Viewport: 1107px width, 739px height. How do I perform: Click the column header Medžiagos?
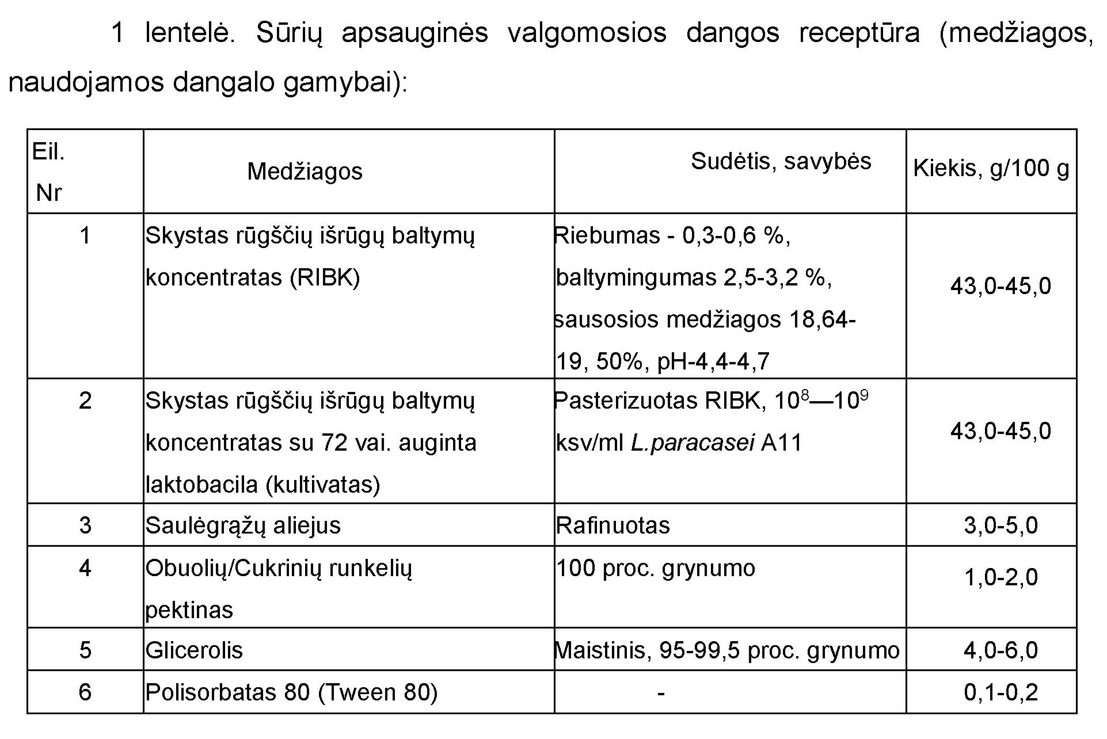coord(305,172)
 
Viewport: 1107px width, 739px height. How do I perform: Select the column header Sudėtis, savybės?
coord(781,161)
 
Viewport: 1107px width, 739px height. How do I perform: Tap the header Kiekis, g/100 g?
coord(991,168)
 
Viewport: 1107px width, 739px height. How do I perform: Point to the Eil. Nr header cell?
coord(49,172)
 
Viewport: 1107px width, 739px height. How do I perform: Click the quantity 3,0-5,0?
coord(1001,525)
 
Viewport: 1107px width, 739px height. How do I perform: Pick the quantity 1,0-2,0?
coord(1001,577)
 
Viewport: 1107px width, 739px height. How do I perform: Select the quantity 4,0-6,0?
coord(1001,650)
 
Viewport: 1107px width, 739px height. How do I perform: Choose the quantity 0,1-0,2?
coord(1001,692)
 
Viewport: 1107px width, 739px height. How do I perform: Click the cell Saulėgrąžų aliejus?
coord(243,525)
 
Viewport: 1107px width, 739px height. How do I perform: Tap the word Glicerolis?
coord(194,650)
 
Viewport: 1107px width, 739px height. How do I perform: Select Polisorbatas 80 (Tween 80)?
coord(291,692)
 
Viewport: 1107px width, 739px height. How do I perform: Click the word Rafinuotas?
coord(613,525)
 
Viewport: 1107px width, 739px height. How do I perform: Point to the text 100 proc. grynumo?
coord(656,568)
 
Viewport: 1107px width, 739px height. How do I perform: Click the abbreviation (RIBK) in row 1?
coord(325,277)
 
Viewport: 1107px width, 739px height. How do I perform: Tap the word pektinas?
coord(189,610)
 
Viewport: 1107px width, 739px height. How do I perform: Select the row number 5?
coord(85,650)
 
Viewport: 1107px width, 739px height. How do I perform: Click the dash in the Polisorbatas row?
coord(661,692)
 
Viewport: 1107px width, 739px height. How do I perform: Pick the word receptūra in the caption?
coord(859,33)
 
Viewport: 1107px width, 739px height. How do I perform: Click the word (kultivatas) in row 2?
coord(322,485)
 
